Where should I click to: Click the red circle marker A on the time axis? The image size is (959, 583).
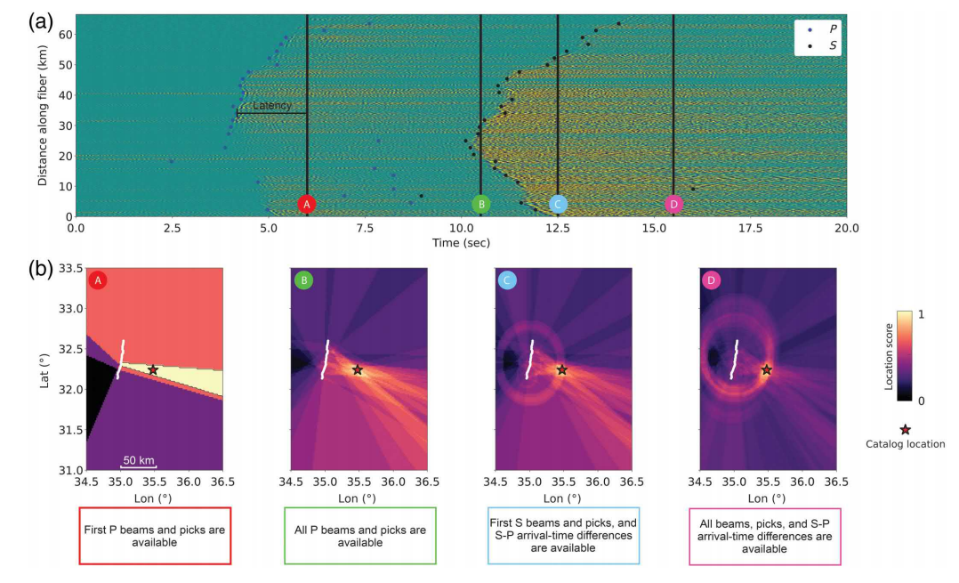[x=307, y=204]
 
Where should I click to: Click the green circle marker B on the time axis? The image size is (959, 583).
[x=480, y=204]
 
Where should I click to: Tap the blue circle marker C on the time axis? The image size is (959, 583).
[x=558, y=204]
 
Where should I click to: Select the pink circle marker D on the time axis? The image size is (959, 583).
[x=673, y=204]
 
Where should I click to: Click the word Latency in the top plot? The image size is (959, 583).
[x=271, y=106]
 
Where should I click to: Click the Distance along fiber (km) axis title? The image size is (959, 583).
[x=43, y=116]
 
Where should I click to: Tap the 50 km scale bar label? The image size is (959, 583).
[x=139, y=460]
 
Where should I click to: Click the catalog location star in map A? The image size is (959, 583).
[x=153, y=369]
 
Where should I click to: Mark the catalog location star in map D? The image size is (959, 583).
[x=766, y=369]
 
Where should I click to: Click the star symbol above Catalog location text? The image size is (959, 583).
[x=905, y=429]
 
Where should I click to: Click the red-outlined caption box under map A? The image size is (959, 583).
[x=155, y=537]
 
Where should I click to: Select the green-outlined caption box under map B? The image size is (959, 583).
[x=359, y=537]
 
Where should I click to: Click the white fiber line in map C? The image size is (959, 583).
[x=531, y=360]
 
